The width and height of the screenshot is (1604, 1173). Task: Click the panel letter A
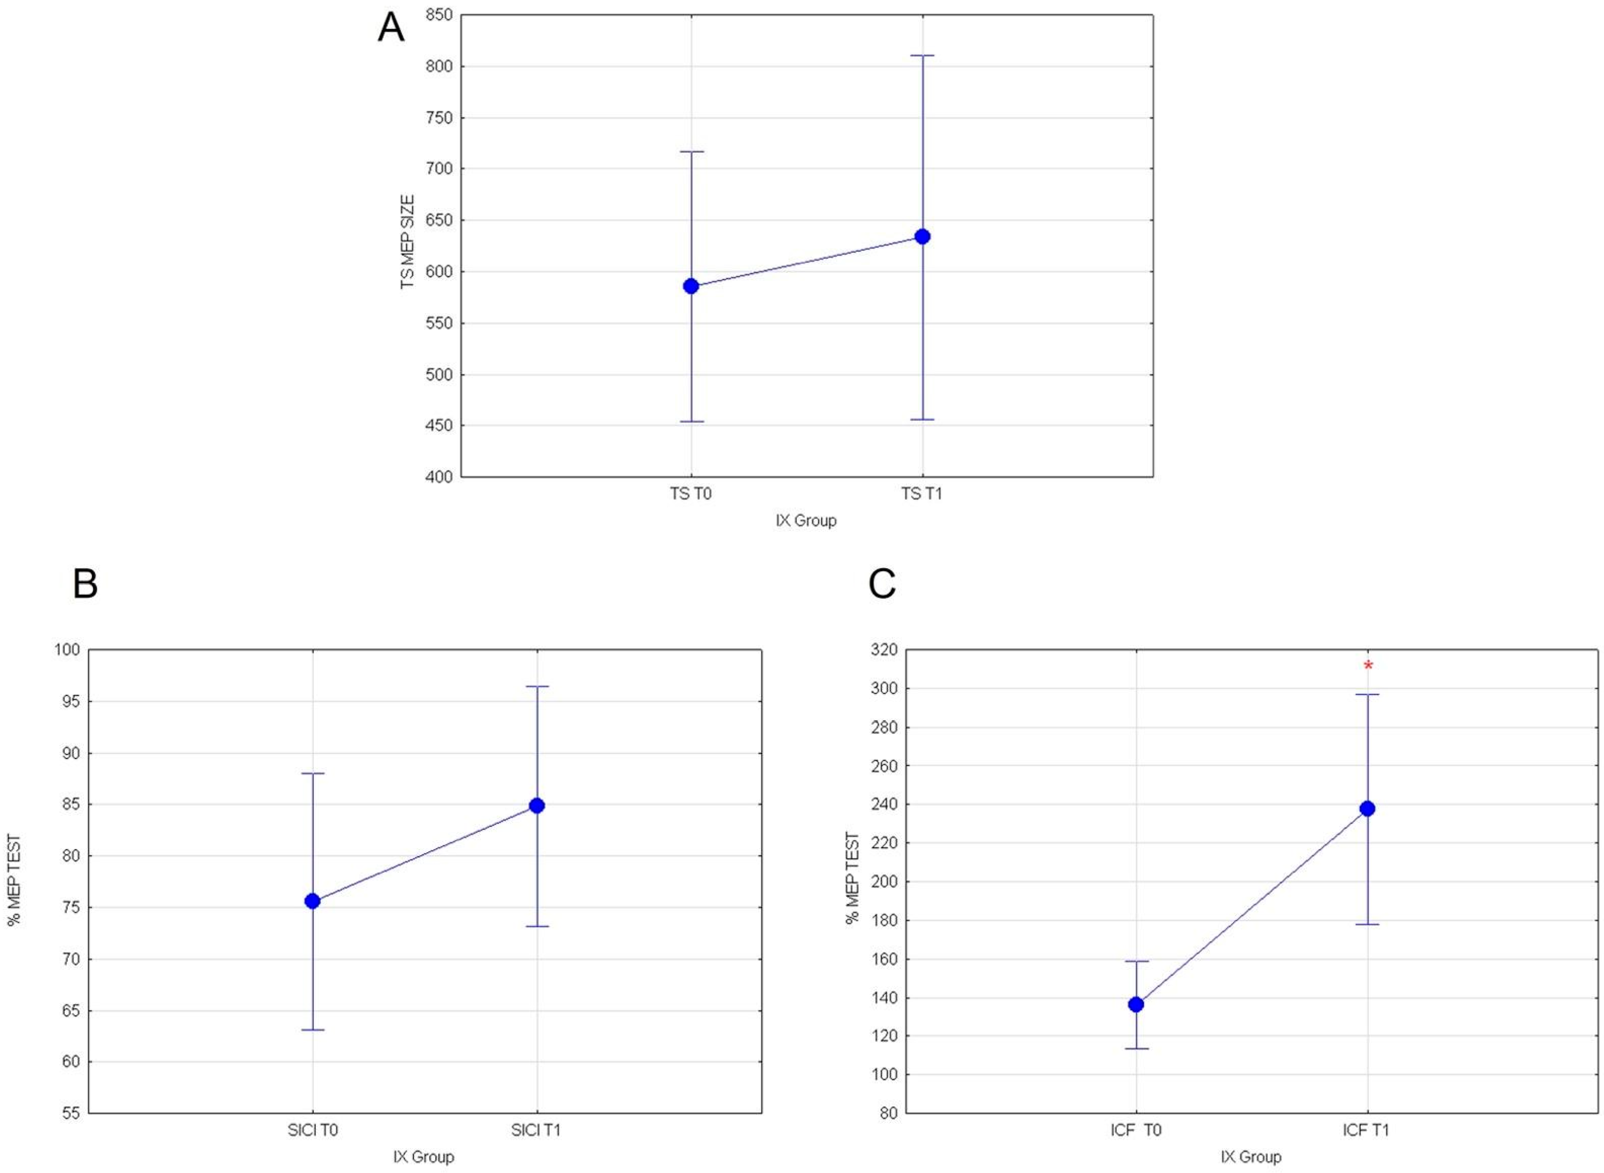[x=391, y=29]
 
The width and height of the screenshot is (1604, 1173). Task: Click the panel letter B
[x=85, y=584]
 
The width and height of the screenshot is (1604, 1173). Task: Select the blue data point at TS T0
[x=691, y=286]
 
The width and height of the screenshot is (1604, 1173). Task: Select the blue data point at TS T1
[x=922, y=236]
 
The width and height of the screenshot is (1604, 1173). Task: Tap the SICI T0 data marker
[x=312, y=901]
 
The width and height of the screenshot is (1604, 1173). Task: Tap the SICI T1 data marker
[x=537, y=805]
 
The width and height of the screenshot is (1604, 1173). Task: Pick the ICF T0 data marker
[x=1136, y=1004]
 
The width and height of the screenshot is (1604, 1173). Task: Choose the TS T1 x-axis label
[x=922, y=493]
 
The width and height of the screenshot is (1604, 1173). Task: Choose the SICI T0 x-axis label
[x=312, y=1129]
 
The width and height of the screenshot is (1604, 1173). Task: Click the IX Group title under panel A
[x=806, y=520]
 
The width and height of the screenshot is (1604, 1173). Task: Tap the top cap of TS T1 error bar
[x=922, y=55]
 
